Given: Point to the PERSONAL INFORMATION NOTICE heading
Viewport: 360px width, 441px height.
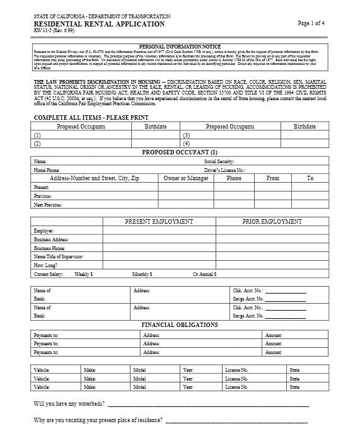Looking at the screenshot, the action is tap(180, 47).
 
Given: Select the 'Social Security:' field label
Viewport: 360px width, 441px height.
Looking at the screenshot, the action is tap(219, 162).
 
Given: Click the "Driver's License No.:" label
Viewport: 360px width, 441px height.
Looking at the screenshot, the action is tap(224, 170).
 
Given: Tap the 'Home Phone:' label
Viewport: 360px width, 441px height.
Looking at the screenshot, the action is tap(47, 170).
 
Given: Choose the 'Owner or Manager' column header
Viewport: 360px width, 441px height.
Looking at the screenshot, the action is tap(186, 178).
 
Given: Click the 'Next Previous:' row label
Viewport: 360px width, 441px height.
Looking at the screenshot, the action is tap(48, 205).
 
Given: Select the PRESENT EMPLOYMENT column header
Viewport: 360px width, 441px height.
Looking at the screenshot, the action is tap(159, 222).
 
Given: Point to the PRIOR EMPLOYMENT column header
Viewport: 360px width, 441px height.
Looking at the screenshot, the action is tap(272, 222).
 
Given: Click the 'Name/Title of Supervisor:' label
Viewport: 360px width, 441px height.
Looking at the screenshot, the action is tap(58, 257).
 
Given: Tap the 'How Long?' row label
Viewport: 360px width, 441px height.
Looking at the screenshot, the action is tap(45, 266).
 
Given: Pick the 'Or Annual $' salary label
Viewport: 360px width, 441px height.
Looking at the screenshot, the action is tap(205, 275).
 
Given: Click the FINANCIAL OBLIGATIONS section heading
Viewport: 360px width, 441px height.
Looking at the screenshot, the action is tap(180, 325).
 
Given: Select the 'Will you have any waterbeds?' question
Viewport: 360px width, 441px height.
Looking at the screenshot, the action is tap(69, 403).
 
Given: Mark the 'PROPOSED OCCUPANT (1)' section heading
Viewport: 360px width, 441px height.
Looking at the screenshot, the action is tap(180, 152).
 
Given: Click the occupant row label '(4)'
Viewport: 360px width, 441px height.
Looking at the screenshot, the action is tap(186, 144).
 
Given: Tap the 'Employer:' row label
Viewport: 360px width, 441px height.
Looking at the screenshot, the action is tap(44, 231).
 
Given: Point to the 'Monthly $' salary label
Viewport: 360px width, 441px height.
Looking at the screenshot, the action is tap(141, 275).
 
